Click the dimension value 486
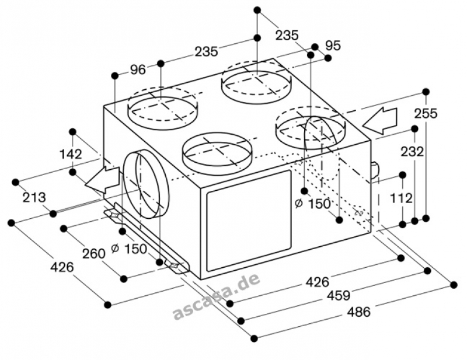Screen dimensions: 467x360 point(359,312)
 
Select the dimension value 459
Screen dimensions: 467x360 point(339,296)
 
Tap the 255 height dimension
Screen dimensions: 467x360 point(426,113)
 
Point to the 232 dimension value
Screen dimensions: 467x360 point(412,152)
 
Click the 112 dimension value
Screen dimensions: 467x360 point(401,198)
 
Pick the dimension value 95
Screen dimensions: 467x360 point(333,46)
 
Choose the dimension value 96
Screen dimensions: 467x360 point(138,69)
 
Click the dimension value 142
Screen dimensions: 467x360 point(71,154)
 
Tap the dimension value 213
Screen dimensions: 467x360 point(34,197)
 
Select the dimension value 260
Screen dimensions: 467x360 point(94,254)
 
